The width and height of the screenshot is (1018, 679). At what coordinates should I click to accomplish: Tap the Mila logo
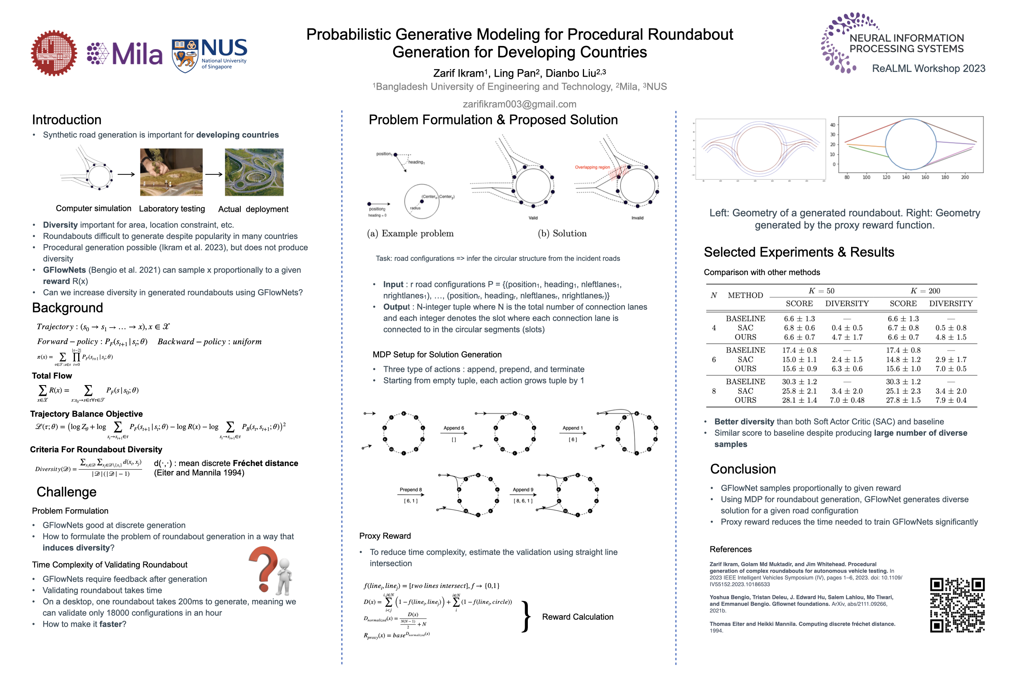point(125,54)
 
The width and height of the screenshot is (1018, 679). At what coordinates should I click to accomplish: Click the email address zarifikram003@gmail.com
point(519,104)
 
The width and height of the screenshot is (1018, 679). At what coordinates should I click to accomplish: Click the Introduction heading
point(67,119)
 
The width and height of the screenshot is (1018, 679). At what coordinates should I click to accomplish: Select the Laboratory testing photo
point(171,172)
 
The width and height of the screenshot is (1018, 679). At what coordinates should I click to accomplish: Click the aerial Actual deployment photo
point(254,172)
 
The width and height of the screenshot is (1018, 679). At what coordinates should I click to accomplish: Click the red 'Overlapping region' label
point(592,167)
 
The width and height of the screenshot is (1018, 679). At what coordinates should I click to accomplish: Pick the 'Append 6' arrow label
point(453,428)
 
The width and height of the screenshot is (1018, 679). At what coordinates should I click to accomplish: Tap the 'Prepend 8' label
point(410,489)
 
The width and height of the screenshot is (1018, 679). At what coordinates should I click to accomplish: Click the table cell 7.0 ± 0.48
point(847,400)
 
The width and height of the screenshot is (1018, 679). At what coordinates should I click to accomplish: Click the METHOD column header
point(745,295)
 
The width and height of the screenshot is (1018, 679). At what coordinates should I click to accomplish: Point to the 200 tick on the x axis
point(965,177)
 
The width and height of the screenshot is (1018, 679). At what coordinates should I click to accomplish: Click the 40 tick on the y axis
point(832,125)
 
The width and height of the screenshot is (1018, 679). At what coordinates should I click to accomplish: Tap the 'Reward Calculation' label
point(577,617)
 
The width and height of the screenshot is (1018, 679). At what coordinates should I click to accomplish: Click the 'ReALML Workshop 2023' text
point(928,68)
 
